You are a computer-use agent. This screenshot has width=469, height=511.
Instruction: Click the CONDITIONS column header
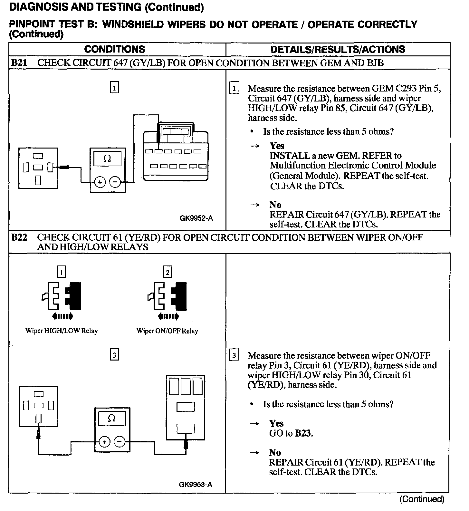[115, 49]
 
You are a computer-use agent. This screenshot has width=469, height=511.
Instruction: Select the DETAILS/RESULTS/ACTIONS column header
[338, 49]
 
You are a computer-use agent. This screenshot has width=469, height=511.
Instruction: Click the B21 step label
[19, 63]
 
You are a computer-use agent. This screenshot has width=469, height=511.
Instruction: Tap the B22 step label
[19, 237]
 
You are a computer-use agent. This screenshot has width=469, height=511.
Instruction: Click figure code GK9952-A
[196, 218]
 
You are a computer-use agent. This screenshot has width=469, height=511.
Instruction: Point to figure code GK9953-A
[196, 484]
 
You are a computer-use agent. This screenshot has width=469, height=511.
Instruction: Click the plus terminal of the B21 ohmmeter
[100, 182]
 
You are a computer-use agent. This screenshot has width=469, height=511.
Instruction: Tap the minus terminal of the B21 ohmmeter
[115, 182]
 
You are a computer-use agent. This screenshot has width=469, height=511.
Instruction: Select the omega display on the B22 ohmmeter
[112, 418]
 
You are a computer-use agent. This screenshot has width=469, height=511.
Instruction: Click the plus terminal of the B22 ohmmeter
[104, 441]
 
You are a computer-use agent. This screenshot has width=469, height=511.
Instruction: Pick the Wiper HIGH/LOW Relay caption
[62, 331]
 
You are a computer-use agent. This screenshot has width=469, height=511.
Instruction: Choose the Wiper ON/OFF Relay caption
[167, 331]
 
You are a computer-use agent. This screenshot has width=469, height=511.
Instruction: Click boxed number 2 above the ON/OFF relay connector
[167, 273]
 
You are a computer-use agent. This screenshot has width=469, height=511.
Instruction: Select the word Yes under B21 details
[277, 146]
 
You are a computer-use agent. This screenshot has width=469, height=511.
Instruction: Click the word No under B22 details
[275, 452]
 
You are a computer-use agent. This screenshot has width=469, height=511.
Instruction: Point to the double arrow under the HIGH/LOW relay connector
[62, 316]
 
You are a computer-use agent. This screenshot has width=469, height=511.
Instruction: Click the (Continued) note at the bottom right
[422, 499]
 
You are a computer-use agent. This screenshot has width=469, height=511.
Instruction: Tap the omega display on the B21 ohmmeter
[107, 159]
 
